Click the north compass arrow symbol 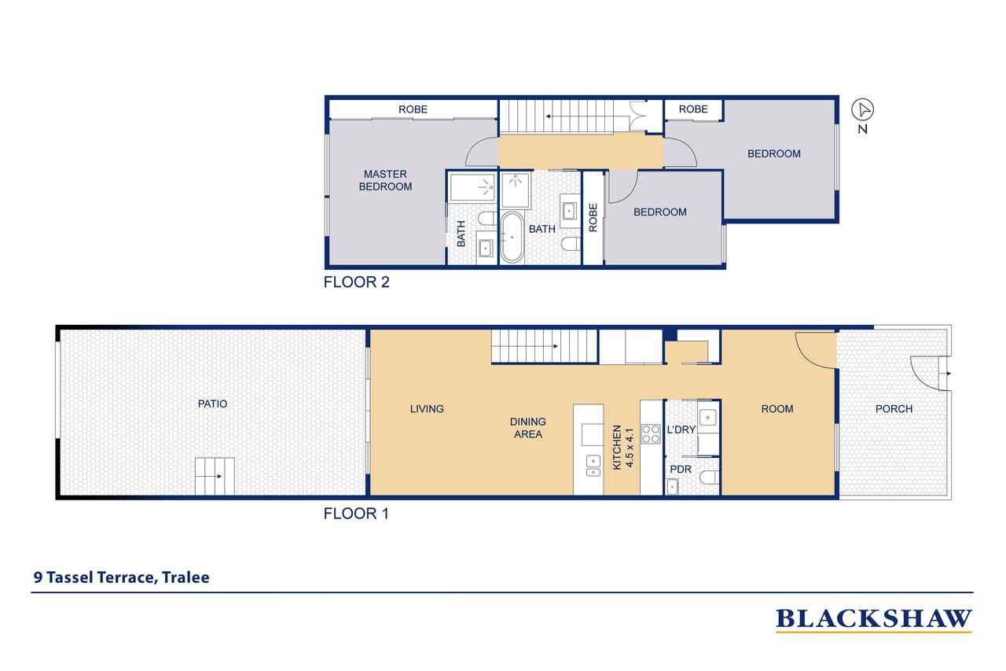click(862, 109)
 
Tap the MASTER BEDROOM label click(385, 180)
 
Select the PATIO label click(212, 404)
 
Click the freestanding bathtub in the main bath click(512, 236)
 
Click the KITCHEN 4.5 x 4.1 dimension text click(622, 448)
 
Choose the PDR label click(680, 469)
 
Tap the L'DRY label click(681, 430)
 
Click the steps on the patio click(215, 475)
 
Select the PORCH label click(894, 408)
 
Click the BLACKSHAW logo click(873, 619)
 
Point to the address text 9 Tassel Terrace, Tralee click(121, 577)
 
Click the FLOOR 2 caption click(356, 282)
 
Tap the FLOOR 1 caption click(356, 514)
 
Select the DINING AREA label click(527, 428)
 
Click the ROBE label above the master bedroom click(413, 109)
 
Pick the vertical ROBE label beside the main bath click(593, 218)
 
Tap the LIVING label click(427, 408)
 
